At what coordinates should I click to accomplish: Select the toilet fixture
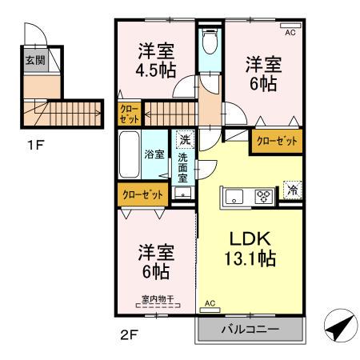[210, 42]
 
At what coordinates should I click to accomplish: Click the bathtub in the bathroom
[130, 157]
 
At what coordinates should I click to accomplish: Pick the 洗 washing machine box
[185, 138]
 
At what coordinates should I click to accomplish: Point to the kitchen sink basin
[235, 194]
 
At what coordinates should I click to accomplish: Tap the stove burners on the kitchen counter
[263, 194]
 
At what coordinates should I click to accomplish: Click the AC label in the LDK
[211, 304]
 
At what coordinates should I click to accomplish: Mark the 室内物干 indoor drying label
[157, 301]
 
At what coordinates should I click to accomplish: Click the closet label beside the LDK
[277, 142]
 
